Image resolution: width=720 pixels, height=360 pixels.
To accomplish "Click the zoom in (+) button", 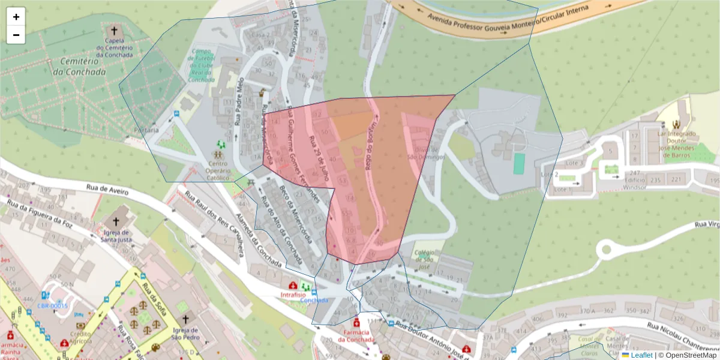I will click(16, 17).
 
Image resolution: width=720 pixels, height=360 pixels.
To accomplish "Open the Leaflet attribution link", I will click(641, 355).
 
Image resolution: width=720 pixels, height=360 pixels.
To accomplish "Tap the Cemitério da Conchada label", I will click(79, 67).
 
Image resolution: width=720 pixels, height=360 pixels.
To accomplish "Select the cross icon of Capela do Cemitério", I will click(113, 30).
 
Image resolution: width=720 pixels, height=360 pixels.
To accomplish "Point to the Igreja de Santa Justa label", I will click(117, 236).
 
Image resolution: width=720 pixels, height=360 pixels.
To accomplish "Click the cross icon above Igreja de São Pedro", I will click(185, 320).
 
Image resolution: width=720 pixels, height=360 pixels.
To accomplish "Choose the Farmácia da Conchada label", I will click(356, 335).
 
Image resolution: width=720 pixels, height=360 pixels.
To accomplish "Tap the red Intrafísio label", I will click(293, 295).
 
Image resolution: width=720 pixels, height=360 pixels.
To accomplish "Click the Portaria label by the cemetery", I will click(146, 130).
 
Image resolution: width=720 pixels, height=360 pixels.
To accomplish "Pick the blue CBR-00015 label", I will click(52, 305).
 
